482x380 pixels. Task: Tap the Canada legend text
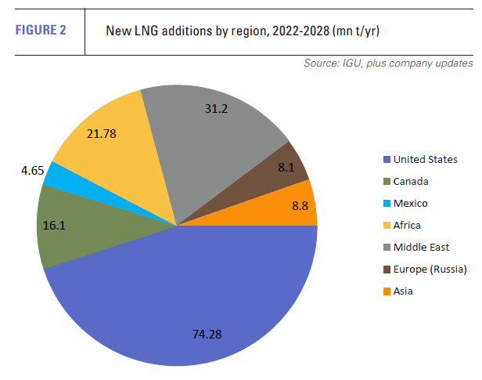click(x=411, y=181)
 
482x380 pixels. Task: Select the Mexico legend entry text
click(x=411, y=203)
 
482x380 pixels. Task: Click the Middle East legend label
click(x=422, y=247)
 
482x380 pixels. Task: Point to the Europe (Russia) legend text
click(x=430, y=269)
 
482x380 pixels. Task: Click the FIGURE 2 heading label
click(x=41, y=31)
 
